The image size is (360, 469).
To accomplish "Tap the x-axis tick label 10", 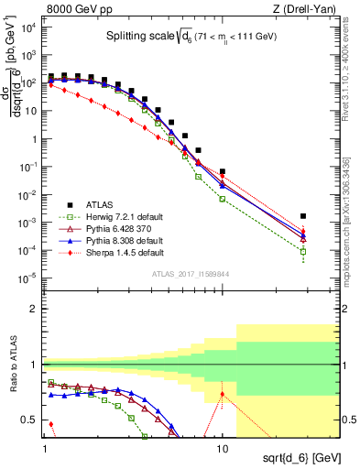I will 223,450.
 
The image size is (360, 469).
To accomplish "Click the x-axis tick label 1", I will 44,450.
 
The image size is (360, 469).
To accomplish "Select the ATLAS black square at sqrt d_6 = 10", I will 223,171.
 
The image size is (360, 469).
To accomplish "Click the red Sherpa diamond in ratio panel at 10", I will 223,395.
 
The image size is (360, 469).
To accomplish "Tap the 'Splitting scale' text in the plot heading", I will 135,37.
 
